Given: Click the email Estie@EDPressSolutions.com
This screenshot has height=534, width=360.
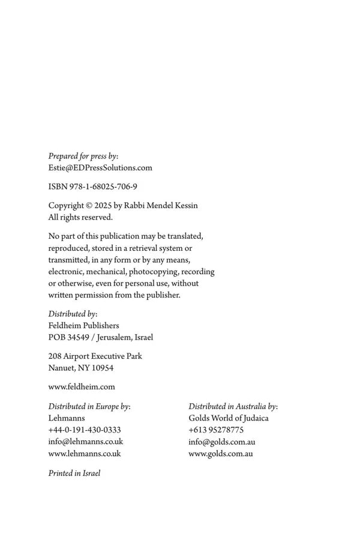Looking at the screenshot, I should tap(100, 168).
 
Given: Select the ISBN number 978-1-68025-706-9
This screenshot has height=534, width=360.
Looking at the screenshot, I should tap(103, 187).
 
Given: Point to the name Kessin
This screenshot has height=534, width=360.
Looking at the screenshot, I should tap(184, 206).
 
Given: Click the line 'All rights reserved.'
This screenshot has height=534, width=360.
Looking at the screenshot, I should tap(80, 217).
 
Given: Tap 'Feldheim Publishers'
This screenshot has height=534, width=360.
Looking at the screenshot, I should tap(83, 326).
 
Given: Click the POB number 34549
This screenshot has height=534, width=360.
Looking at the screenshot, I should tap(78, 337).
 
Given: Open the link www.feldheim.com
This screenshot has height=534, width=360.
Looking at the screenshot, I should tap(82, 387).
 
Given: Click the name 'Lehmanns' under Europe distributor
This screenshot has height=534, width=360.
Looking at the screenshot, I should tap(67, 418).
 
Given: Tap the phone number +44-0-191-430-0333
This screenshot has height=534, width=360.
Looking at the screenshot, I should tap(85, 430).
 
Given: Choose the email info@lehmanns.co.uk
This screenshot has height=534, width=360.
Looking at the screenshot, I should tap(85, 442).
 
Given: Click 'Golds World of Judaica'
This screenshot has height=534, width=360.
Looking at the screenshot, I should tap(229, 418).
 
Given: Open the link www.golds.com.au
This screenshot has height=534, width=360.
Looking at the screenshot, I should tap(221, 454).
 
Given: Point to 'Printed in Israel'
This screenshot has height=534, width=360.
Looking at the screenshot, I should tap(74, 473).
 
